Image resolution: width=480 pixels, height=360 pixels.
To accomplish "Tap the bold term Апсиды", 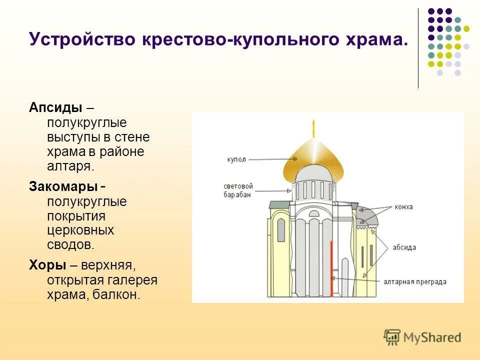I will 55,107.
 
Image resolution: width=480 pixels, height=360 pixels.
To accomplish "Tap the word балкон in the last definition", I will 118,294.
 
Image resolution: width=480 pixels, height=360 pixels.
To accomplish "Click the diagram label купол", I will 236,159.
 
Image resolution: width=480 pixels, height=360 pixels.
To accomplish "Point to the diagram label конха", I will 403,207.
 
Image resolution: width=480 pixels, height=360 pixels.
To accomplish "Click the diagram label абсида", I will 405,247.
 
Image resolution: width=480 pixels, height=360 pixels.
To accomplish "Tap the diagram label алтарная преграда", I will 415,282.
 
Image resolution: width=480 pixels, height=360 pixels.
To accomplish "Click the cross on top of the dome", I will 314,128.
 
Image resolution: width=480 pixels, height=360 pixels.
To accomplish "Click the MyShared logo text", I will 432,337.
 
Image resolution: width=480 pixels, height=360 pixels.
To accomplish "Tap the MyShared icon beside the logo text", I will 392,337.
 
